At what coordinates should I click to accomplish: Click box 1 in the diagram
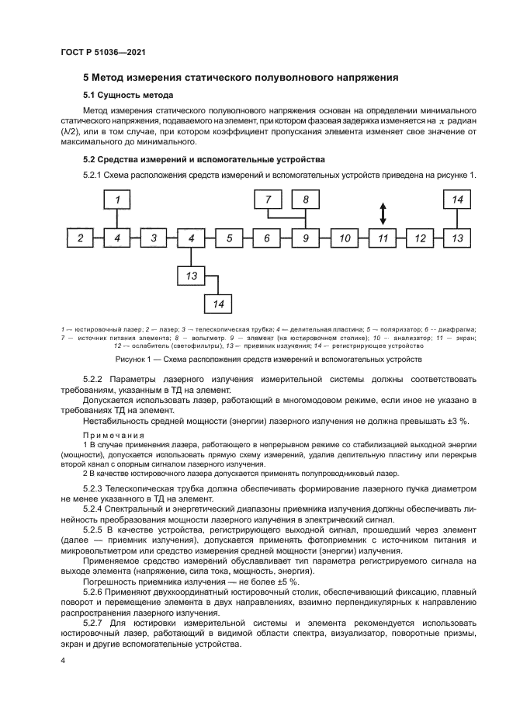point(117,200)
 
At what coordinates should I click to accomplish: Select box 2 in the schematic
point(80,238)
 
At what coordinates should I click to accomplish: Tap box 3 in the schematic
point(154,238)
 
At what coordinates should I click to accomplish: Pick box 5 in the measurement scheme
point(230,238)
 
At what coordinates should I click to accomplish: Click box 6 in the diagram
point(267,238)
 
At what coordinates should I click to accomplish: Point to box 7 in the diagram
point(269,200)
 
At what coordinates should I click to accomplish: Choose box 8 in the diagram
point(306,200)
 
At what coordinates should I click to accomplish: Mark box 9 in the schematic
point(306,238)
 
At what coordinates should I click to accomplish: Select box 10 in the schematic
point(345,238)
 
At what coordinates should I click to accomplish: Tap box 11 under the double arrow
point(383,238)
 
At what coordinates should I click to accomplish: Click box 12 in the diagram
point(420,238)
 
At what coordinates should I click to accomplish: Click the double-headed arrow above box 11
point(383,212)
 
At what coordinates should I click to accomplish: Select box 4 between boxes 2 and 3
point(117,238)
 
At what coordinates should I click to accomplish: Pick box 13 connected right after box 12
point(458,238)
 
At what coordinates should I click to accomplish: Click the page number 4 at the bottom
point(64,660)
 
